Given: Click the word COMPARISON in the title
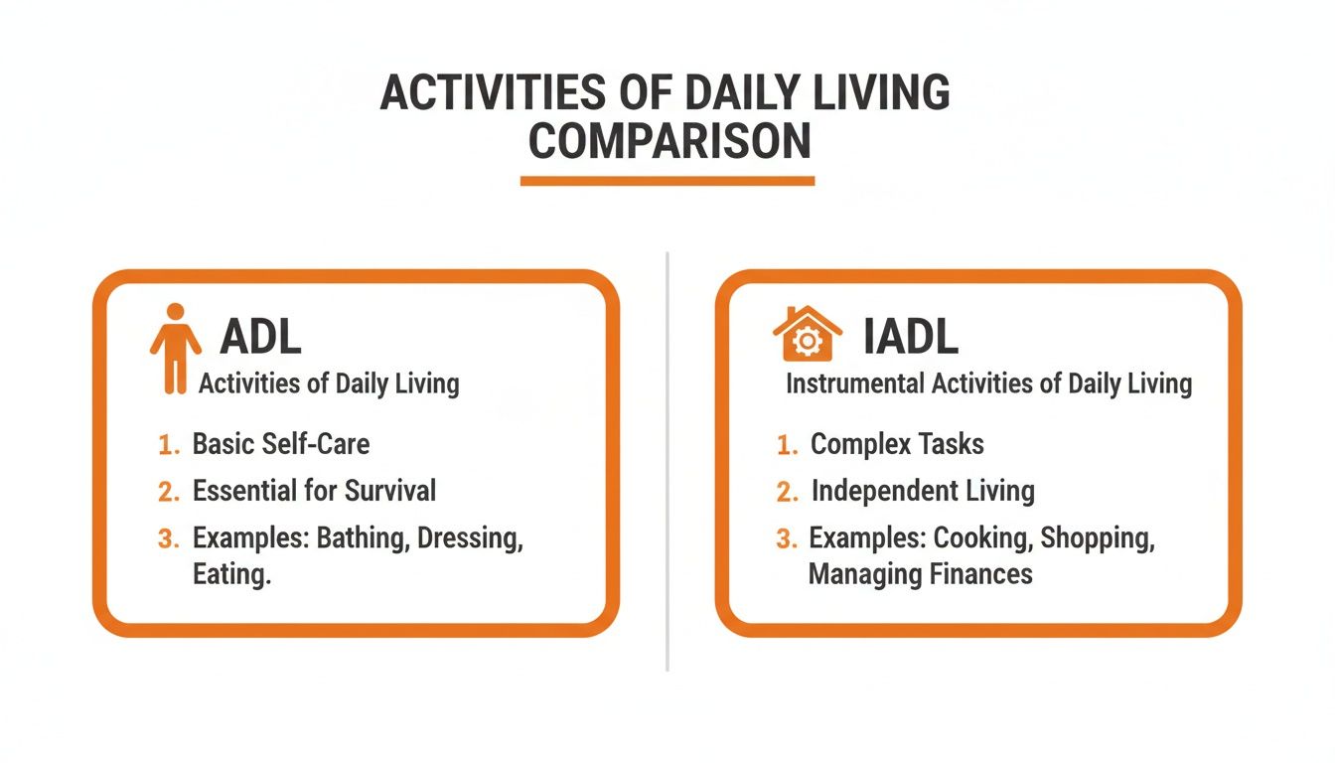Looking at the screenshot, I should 668,141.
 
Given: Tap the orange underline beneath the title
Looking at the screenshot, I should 667,181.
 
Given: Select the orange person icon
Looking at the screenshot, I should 175,347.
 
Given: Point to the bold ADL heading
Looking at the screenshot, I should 260,338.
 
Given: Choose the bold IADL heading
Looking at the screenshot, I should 911,338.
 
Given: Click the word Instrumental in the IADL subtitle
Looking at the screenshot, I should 854,383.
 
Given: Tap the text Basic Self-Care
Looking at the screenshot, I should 280,443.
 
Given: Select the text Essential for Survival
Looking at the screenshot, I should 314,490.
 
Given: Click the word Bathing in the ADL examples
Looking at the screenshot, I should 363,538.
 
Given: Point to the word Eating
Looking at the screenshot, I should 231,574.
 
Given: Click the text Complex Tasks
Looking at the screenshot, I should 897,444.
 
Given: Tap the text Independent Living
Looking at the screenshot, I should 923,491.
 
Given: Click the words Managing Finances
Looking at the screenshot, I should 920,574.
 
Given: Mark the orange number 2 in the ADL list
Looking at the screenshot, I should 168,491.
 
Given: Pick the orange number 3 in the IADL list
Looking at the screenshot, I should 787,539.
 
